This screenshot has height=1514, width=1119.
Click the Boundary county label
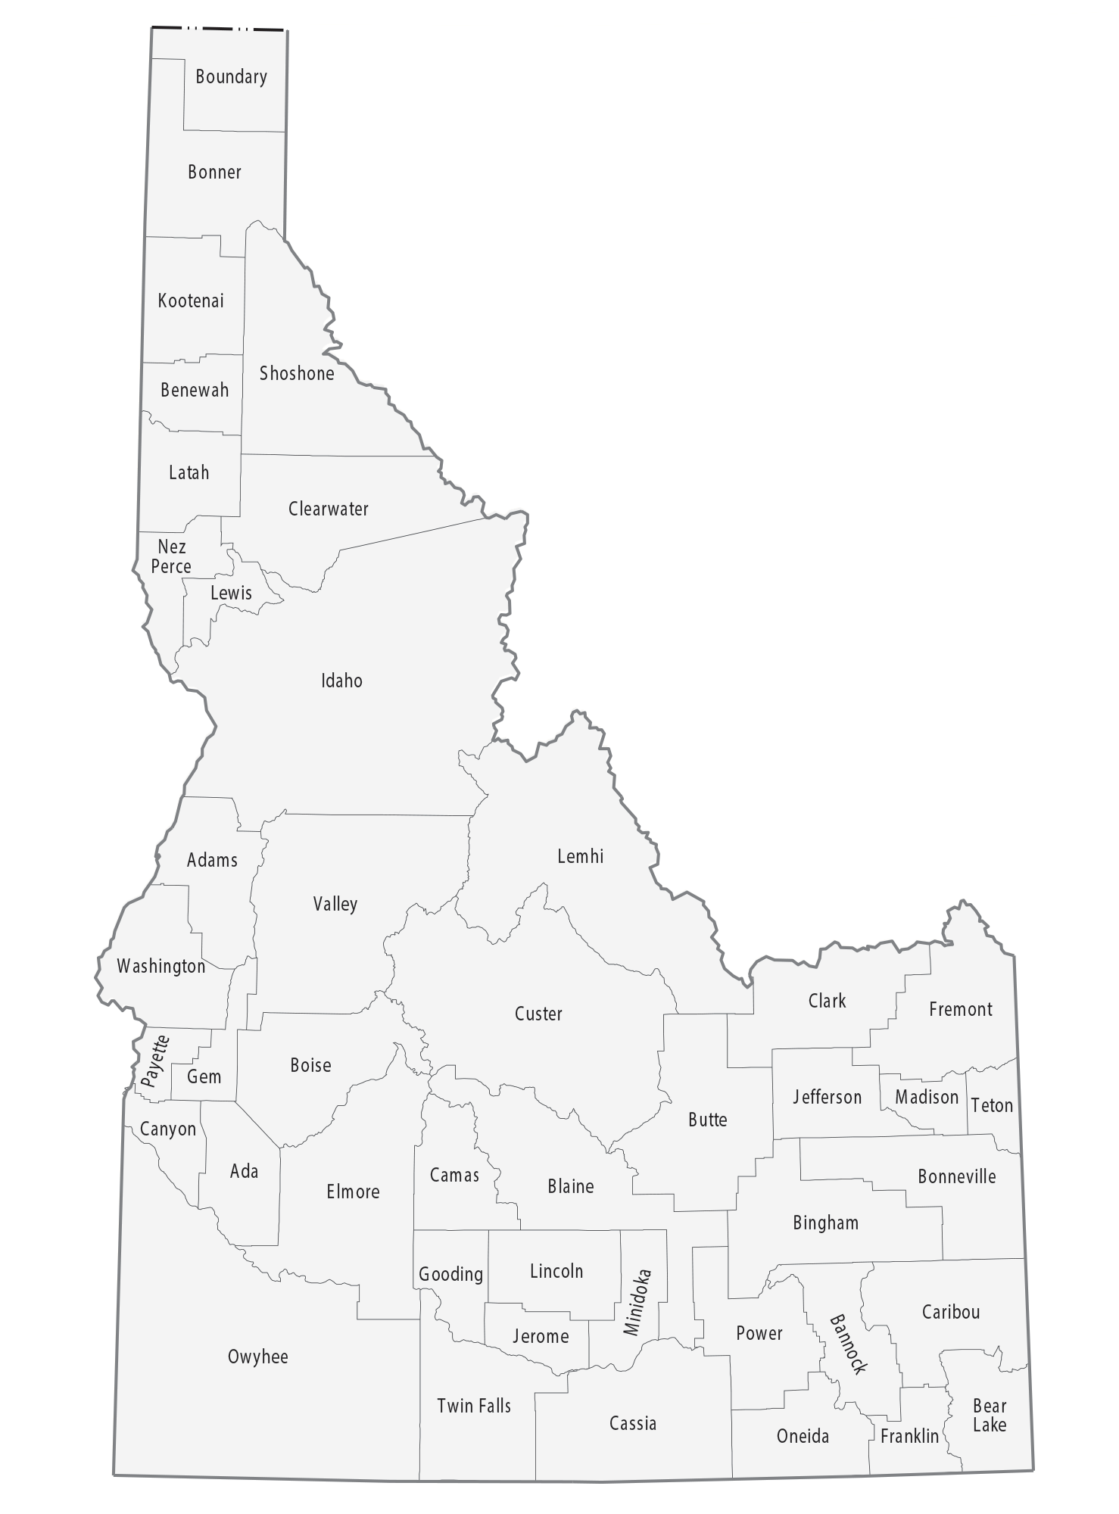coord(231,77)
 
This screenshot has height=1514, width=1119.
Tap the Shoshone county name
coord(297,373)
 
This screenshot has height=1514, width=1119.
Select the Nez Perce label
coord(171,556)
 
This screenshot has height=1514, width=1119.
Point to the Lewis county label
coord(231,593)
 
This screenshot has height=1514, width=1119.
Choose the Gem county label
coord(204,1076)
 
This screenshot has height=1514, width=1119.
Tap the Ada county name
coord(244,1171)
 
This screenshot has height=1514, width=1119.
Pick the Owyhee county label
coord(257,1357)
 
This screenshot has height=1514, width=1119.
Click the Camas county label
coord(454,1175)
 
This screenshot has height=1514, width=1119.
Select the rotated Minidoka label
coord(637,1302)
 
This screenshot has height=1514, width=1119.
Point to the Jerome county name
coord(541,1336)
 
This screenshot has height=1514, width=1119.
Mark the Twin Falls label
coord(474,1406)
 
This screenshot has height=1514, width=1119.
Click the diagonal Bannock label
coord(847,1344)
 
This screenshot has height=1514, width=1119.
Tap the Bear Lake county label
coord(990,1415)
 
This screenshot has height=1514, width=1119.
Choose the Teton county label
coord(991,1105)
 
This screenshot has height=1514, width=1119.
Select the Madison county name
coord(927,1097)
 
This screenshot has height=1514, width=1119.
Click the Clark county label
coord(827,1001)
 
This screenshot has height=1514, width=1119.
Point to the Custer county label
coord(538,1014)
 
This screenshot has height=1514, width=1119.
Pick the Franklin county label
coord(909,1436)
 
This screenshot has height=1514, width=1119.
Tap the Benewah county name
coord(195,391)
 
